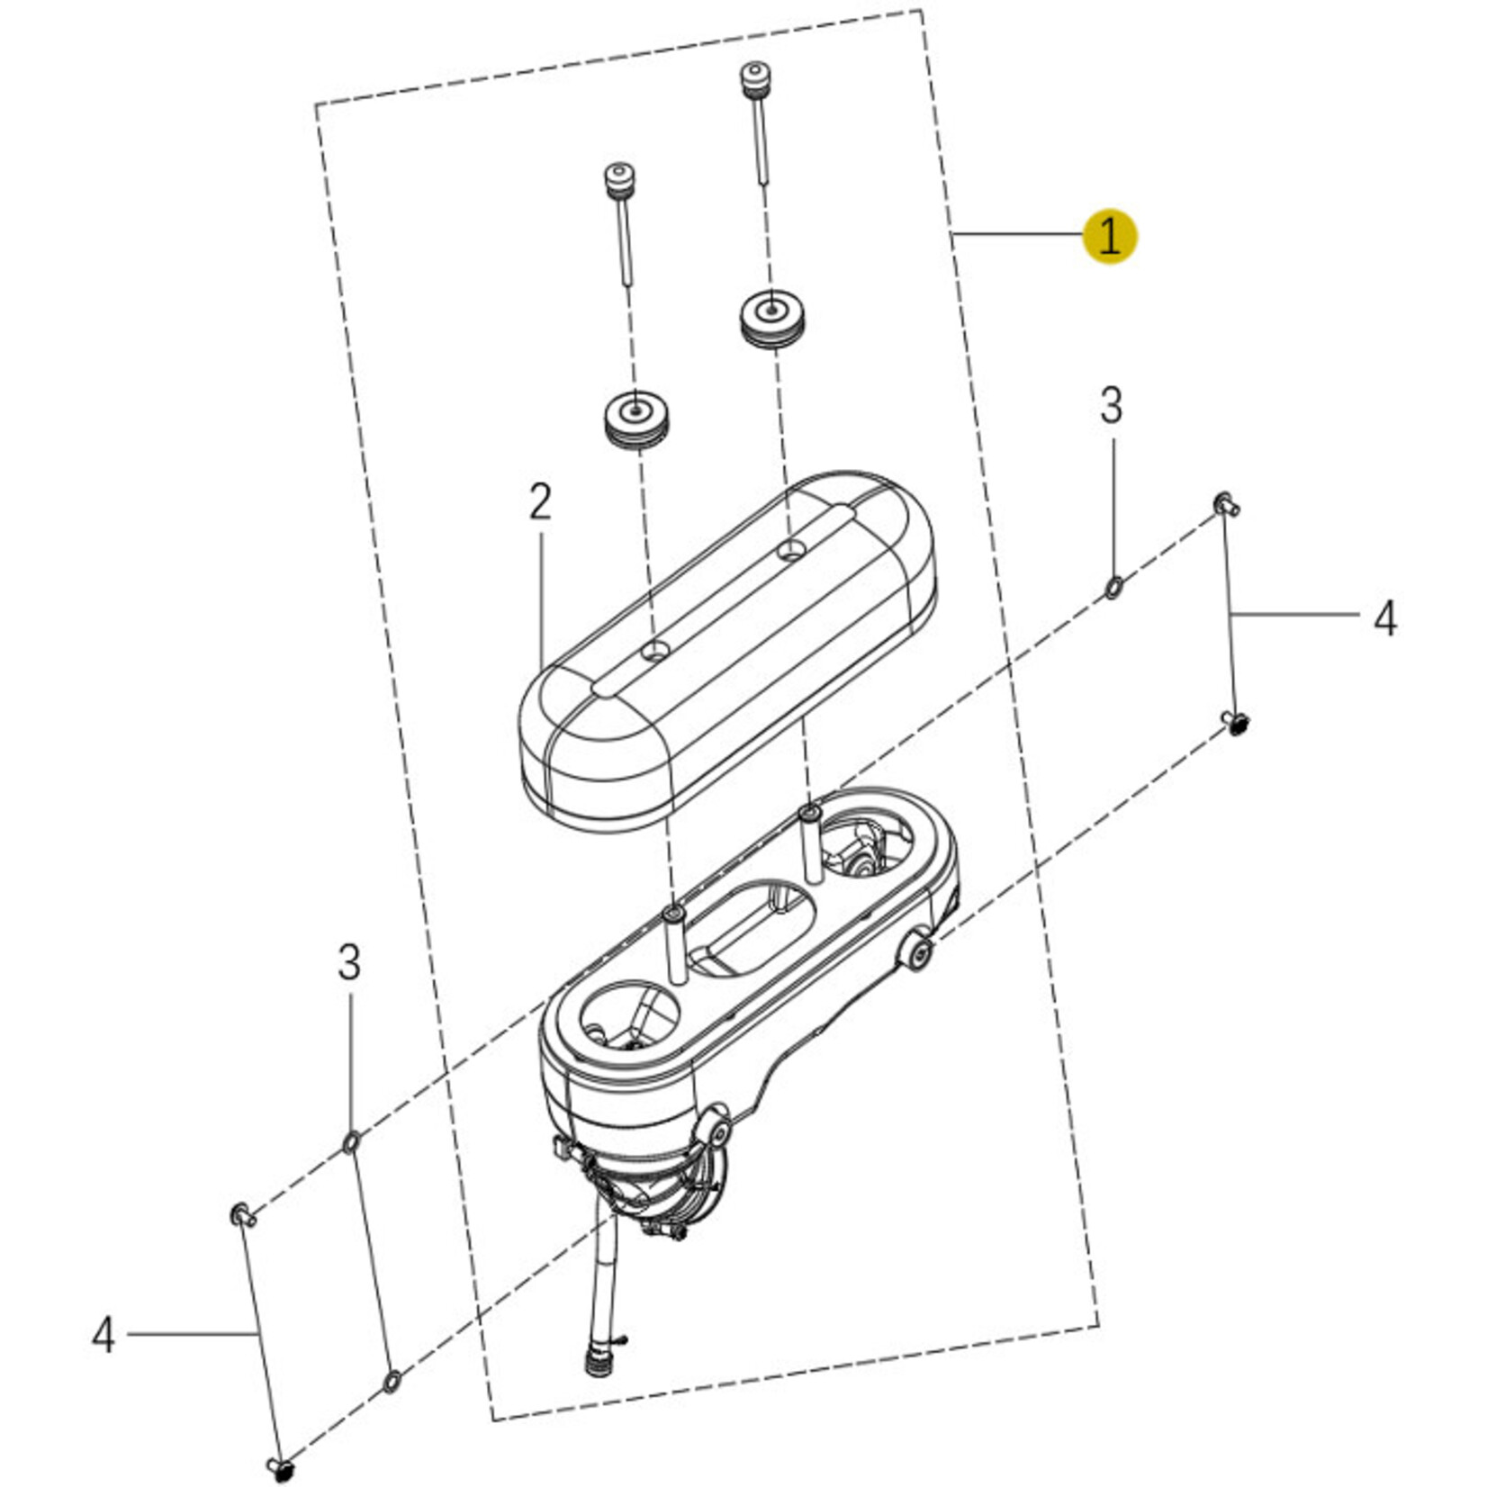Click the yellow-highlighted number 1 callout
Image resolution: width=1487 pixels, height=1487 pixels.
(1110, 237)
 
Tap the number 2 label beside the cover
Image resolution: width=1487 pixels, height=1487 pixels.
(540, 502)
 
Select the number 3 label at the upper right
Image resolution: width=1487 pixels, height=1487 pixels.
(1112, 406)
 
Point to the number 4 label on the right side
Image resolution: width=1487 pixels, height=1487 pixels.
(1385, 619)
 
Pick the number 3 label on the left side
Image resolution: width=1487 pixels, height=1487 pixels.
(349, 962)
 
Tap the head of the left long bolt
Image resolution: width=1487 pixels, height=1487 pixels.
(617, 177)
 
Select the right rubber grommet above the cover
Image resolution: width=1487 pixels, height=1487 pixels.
(773, 319)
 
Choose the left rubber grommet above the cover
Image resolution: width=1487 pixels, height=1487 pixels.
(636, 419)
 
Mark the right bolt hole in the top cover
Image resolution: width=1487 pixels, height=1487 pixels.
(790, 549)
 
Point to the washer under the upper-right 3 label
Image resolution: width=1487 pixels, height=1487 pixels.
(1113, 589)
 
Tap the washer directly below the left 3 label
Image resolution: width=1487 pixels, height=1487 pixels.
(351, 1143)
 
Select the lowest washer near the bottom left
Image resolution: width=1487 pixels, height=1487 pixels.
(392, 1381)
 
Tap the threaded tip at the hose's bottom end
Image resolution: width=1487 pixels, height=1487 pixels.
(595, 1365)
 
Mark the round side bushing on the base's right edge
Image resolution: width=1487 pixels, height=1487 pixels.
(916, 952)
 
